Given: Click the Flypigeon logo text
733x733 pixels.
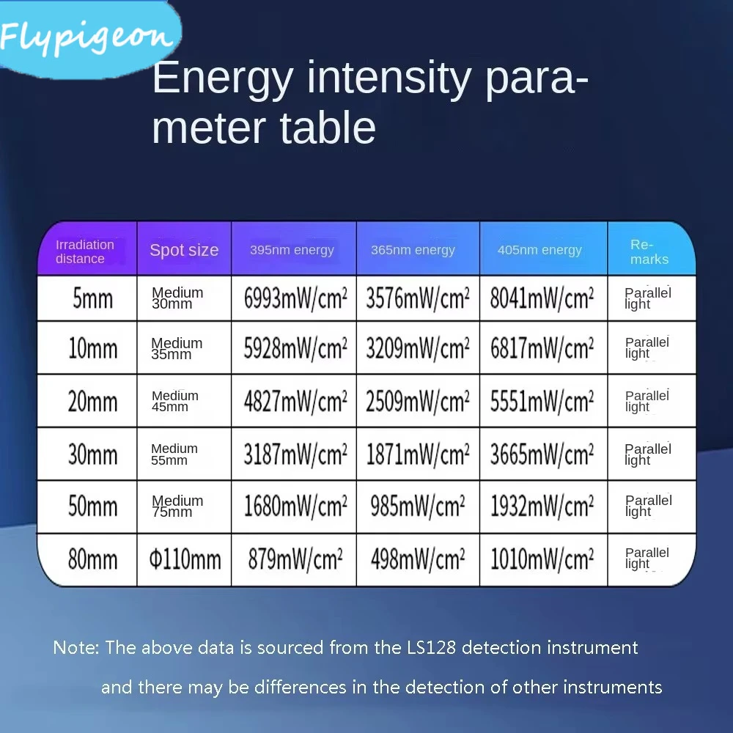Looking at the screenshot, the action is coord(86,37).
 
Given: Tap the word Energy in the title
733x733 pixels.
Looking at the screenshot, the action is coord(223,79).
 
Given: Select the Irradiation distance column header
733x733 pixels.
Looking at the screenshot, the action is coord(84,251).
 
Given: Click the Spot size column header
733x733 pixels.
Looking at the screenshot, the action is coord(184,250).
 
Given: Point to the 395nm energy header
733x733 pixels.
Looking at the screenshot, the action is coord(292,250).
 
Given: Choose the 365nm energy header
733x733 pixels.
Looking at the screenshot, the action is coord(413,250).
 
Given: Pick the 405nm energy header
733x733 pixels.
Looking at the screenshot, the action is coord(539,250).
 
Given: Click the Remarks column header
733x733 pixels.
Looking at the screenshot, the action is coord(649,252).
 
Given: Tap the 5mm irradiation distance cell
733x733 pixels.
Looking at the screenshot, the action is coord(92,298).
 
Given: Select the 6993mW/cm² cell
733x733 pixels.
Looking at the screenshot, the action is coord(295,298).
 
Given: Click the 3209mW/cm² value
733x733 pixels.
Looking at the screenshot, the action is coord(418,349).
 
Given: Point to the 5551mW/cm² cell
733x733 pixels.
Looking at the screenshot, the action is coord(542,402).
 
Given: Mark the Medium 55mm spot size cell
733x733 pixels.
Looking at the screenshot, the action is coord(174,454).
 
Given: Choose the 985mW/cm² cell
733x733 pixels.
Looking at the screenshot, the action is coord(418,507).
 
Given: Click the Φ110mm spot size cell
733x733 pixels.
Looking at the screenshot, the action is coord(185,559).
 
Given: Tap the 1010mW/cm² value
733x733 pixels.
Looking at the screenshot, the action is coord(542,559).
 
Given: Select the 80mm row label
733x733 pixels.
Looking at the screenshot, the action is coord(92,559).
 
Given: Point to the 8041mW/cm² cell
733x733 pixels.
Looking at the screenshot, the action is coord(542,298).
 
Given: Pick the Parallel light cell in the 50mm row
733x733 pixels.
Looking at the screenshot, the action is coord(649,506).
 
